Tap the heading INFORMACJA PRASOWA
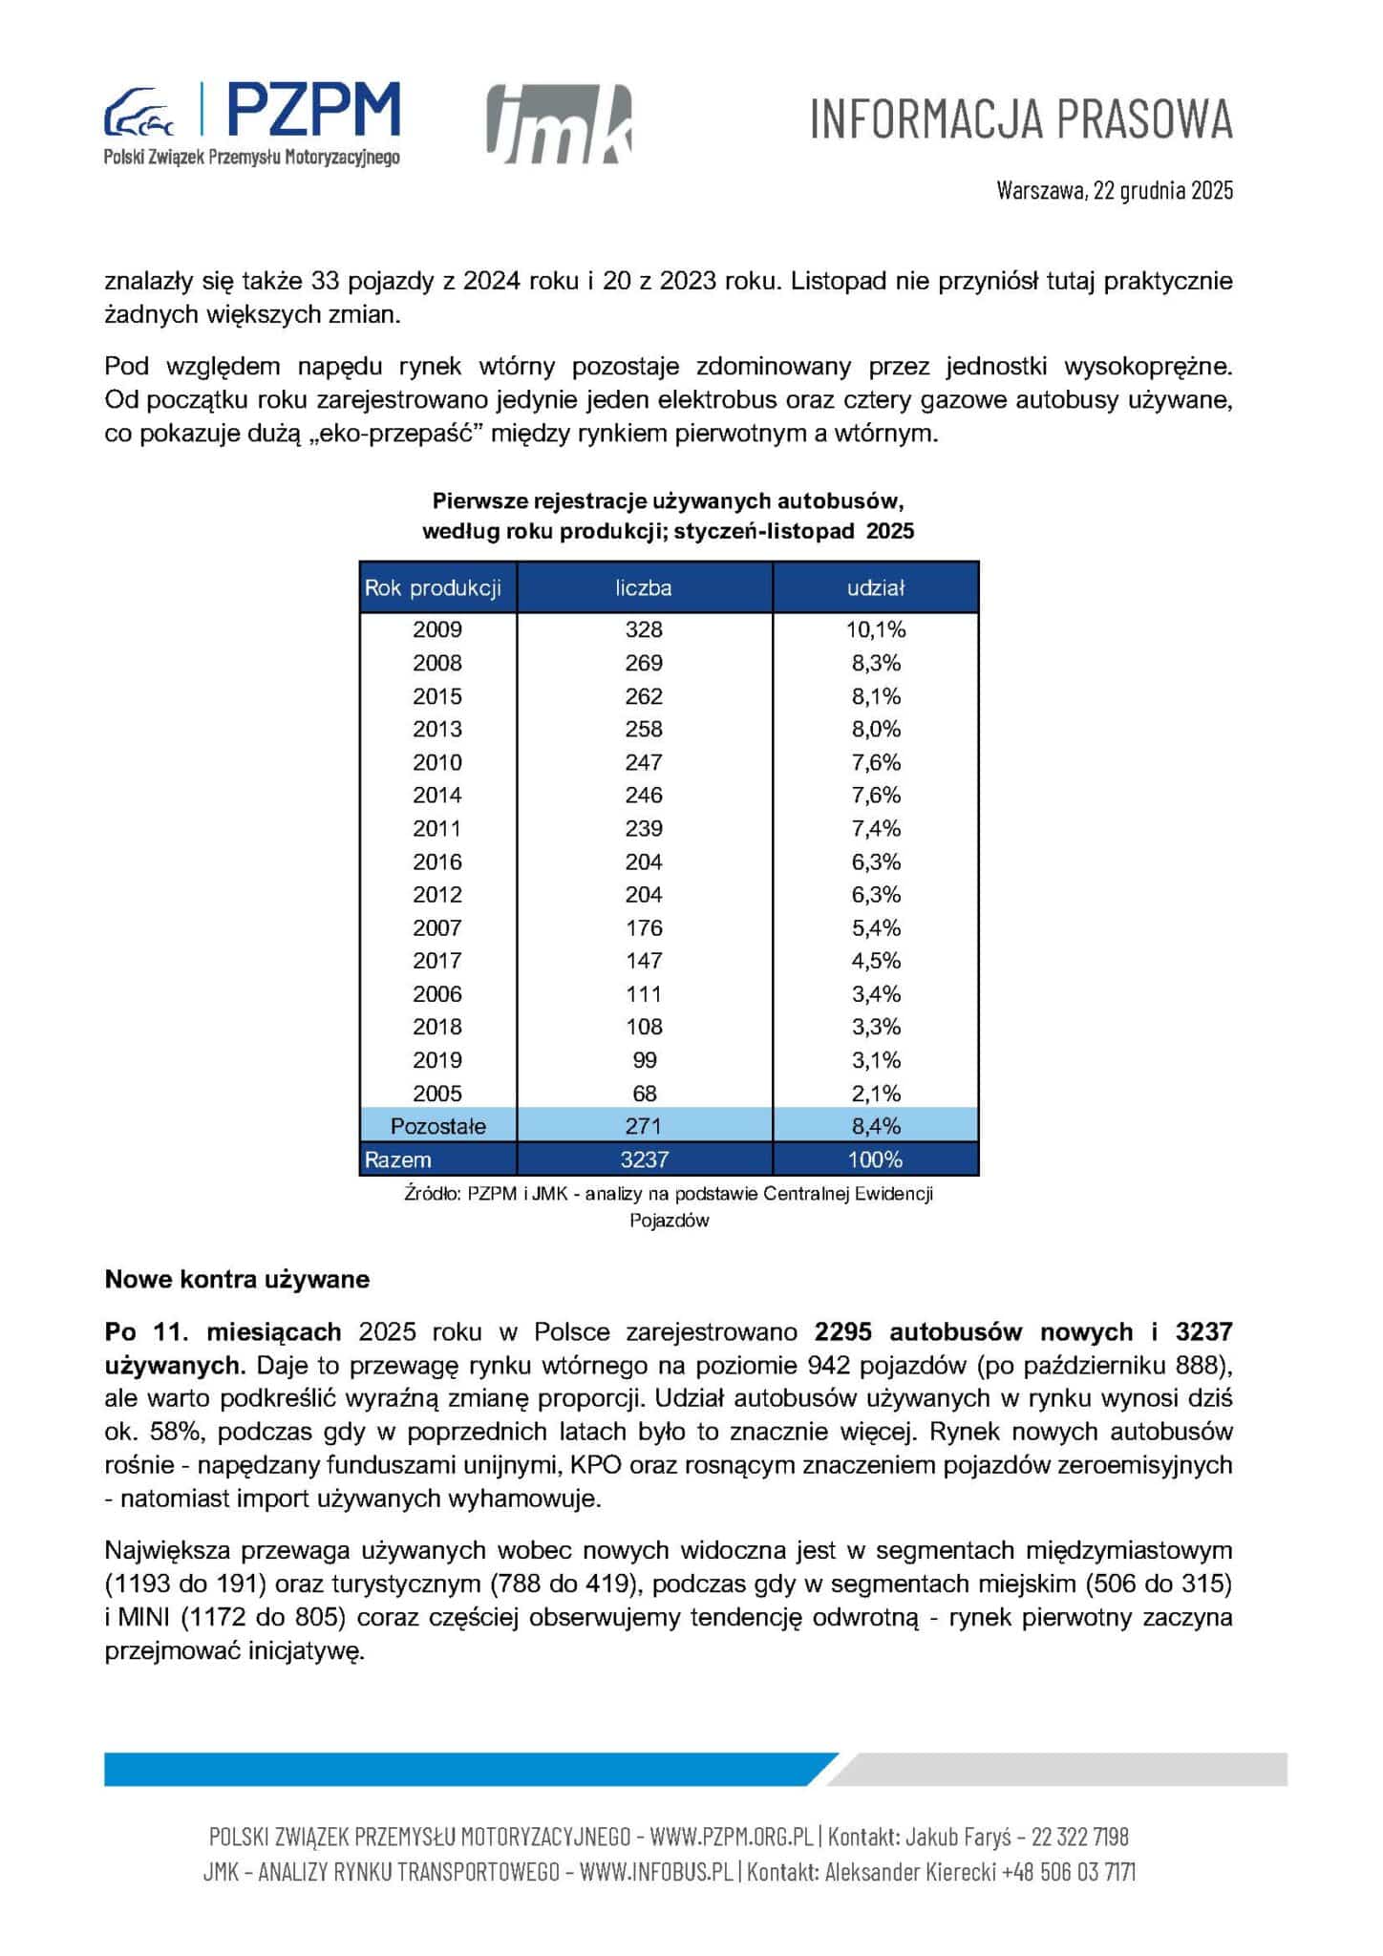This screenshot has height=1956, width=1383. [x=1021, y=119]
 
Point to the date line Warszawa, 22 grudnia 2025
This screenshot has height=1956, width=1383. [x=1115, y=189]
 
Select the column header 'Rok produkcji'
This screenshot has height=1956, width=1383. [x=433, y=588]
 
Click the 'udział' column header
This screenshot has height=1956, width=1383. [x=875, y=588]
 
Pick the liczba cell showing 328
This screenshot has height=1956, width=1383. [x=644, y=629]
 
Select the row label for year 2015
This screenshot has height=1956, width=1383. [x=436, y=696]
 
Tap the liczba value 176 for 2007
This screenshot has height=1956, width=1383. [x=644, y=927]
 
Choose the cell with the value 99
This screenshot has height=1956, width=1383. [x=644, y=1060]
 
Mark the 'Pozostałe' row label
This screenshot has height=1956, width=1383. [x=437, y=1126]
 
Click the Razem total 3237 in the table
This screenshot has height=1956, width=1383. [x=644, y=1159]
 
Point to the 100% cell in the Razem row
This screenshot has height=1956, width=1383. [x=875, y=1159]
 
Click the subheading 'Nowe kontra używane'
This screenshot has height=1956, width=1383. [x=237, y=1280]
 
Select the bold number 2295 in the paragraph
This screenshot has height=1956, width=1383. [x=844, y=1331]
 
